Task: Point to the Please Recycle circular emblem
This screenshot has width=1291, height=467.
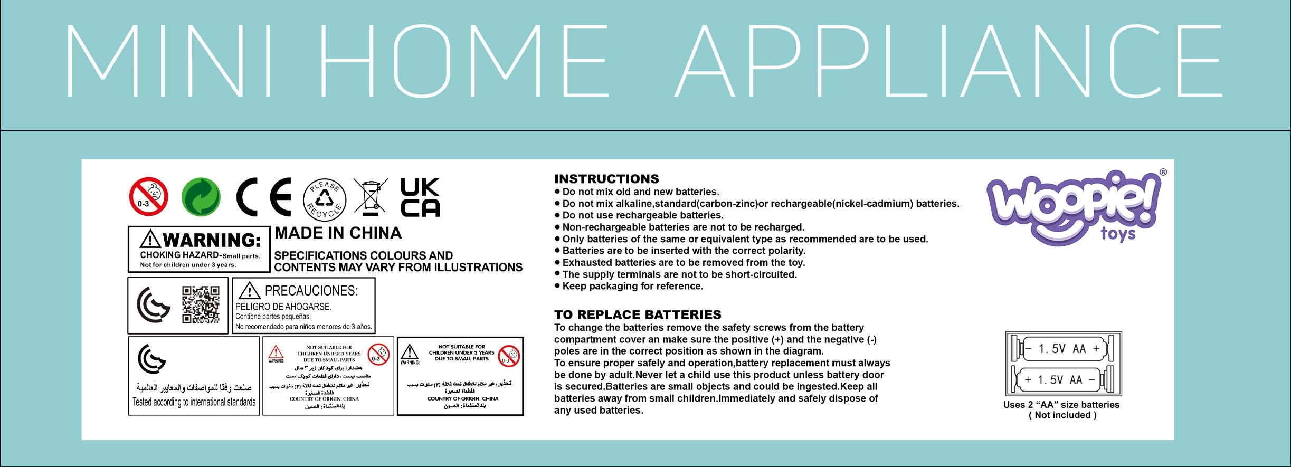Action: click(x=325, y=199)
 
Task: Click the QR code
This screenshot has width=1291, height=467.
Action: click(x=201, y=304)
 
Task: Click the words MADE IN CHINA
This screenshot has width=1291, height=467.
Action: click(x=338, y=233)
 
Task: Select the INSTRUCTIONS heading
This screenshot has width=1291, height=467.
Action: click(x=606, y=179)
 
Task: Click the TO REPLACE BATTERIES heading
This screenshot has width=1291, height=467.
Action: click(x=637, y=315)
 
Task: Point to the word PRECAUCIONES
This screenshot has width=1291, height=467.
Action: click(x=311, y=291)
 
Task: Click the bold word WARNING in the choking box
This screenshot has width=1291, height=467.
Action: click(x=211, y=241)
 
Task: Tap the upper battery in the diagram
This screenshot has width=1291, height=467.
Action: click(x=1063, y=349)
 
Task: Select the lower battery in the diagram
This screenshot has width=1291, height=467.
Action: click(x=1063, y=380)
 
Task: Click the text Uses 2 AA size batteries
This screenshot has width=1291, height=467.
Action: click(x=1061, y=405)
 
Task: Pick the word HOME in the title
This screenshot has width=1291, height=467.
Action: click(x=464, y=61)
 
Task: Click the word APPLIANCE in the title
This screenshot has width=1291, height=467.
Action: click(x=947, y=61)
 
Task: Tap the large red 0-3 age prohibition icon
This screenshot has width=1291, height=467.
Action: click(x=148, y=197)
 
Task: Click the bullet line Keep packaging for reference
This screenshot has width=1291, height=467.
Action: click(x=632, y=287)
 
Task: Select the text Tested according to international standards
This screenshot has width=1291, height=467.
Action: click(x=194, y=402)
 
